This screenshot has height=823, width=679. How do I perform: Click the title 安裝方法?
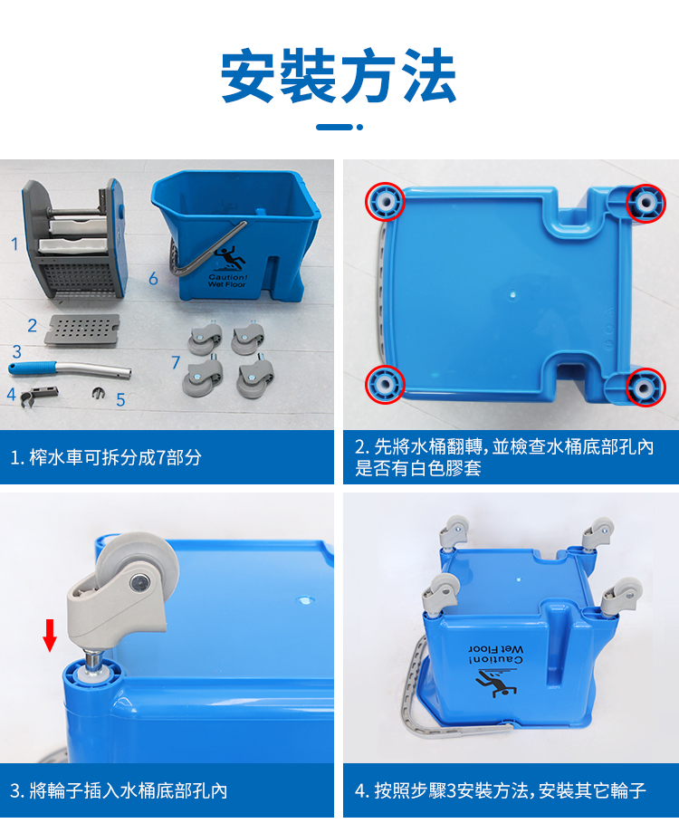(339, 75)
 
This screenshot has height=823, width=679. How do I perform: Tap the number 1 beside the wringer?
(14, 244)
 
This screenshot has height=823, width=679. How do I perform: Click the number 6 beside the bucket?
(153, 278)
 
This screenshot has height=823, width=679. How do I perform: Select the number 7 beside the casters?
(176, 362)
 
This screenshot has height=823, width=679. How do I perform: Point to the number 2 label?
(33, 325)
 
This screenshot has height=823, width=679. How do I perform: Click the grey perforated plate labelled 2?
(81, 330)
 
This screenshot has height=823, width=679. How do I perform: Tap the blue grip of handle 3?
(33, 368)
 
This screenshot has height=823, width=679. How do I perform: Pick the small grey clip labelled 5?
(98, 393)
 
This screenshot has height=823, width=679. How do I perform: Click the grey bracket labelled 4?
(38, 394)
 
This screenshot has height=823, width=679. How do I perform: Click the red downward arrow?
(50, 635)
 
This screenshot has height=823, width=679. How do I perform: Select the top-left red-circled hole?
(385, 201)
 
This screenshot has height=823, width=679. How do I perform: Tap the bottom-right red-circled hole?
(645, 388)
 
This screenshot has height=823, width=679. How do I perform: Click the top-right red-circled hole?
(646, 203)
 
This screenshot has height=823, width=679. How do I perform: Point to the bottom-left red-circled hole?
(385, 384)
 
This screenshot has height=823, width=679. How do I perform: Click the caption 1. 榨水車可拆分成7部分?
(106, 457)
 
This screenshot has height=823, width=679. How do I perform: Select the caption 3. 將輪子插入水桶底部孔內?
(119, 790)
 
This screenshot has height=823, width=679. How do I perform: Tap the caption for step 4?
(500, 790)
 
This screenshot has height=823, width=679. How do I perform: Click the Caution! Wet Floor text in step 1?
(226, 281)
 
